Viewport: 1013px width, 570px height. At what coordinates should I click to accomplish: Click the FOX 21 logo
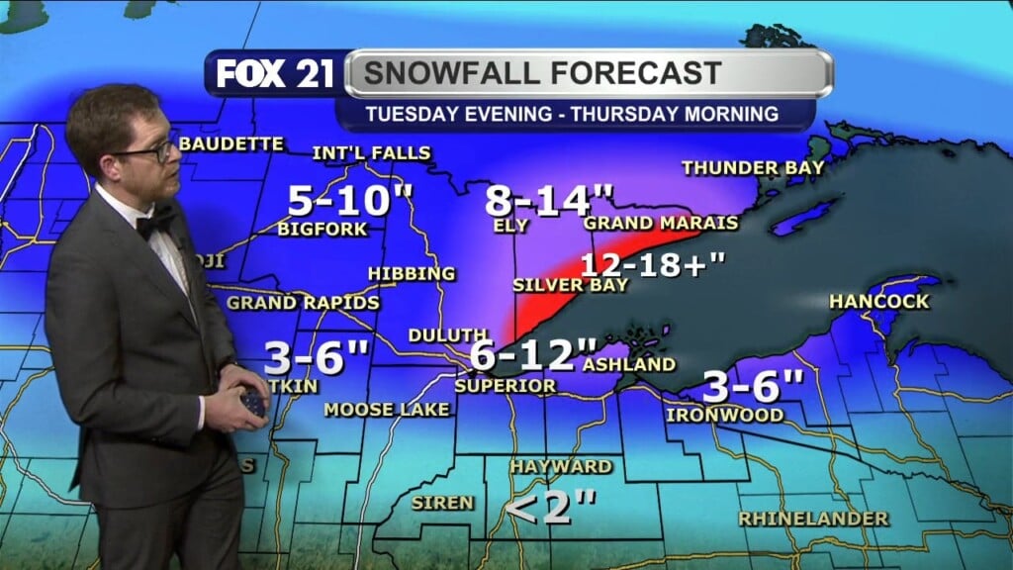point(276,74)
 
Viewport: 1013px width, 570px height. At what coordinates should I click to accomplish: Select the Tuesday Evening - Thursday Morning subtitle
point(571,113)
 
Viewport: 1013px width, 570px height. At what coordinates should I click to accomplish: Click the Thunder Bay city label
point(753,168)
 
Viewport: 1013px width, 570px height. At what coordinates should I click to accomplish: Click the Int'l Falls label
point(371,152)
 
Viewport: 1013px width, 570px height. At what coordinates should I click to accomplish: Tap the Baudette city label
point(230,144)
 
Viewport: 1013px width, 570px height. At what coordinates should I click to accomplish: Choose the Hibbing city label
point(411,273)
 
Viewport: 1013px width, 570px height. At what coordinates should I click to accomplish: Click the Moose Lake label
point(387,409)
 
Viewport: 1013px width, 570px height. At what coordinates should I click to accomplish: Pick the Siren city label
point(442,503)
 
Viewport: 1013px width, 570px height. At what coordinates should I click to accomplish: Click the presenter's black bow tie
point(155,223)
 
